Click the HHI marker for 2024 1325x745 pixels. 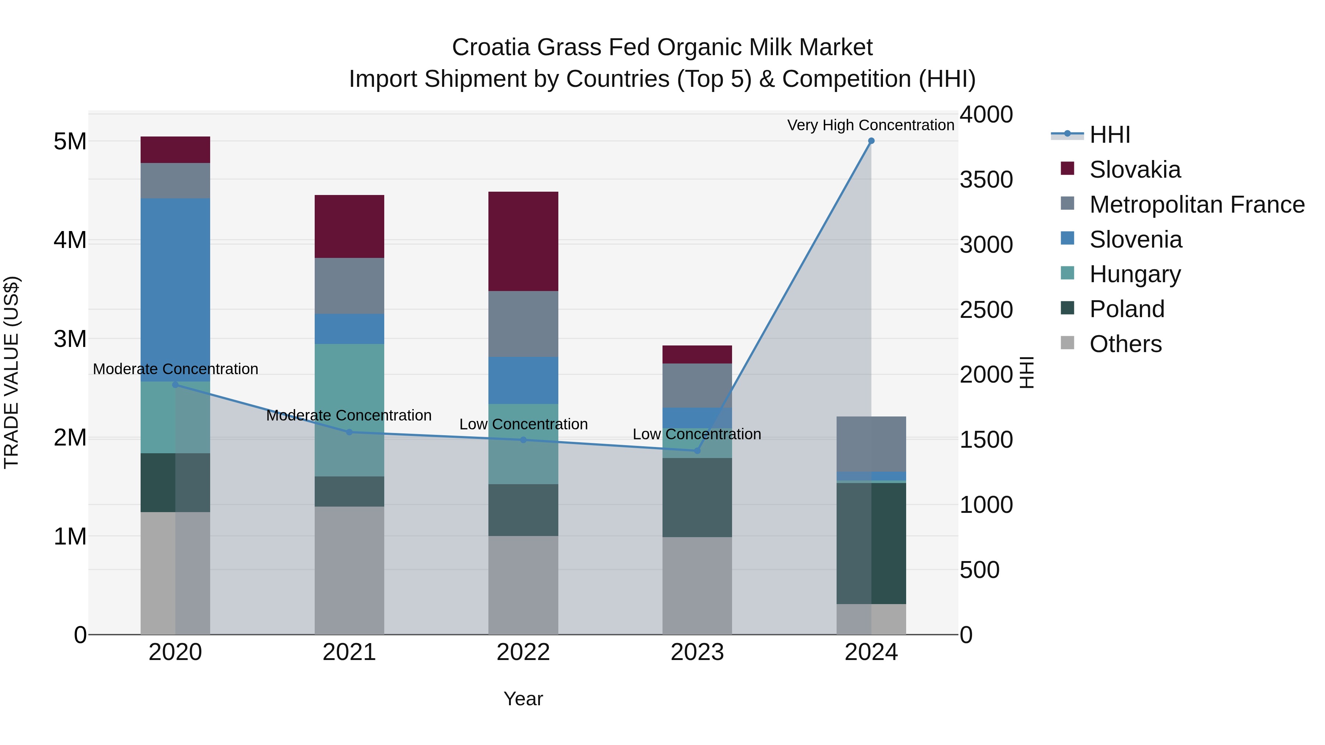pos(871,141)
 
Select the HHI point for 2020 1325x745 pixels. pos(176,384)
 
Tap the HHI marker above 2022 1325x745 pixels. pos(523,440)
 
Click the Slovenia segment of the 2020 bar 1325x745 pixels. pos(176,290)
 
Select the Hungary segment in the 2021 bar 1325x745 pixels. pos(349,410)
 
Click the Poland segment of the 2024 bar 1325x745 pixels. pos(871,543)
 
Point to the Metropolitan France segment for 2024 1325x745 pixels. pos(871,444)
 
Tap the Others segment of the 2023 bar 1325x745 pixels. pos(697,586)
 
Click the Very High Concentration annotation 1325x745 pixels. pos(870,125)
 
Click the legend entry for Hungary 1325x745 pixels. pos(1135,274)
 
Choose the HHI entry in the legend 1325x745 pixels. pos(1109,135)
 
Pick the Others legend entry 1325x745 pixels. pos(1125,344)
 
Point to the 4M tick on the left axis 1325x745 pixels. pos(70,240)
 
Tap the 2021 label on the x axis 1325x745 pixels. pos(349,652)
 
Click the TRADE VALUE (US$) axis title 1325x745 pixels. pos(12,372)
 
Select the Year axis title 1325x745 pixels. pos(523,699)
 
